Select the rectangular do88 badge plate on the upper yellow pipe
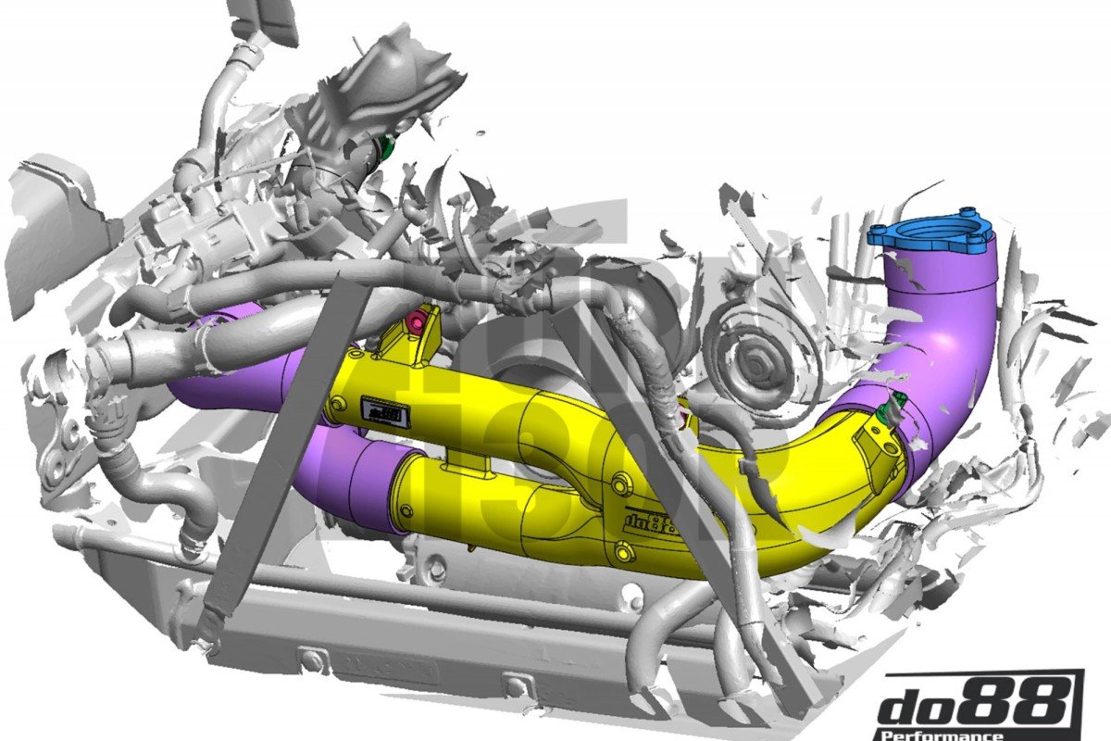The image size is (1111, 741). (x=384, y=410)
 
